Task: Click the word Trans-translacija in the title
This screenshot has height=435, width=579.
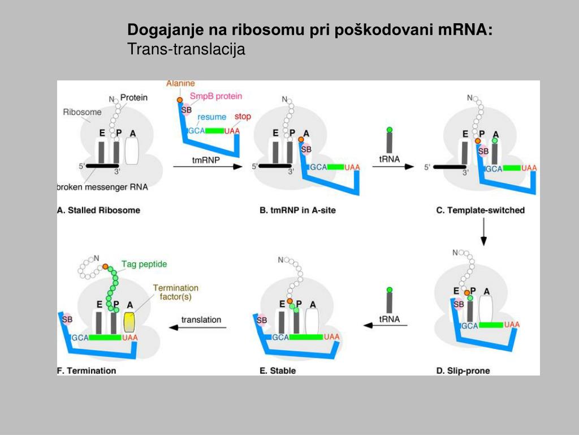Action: pyautogui.click(x=187, y=49)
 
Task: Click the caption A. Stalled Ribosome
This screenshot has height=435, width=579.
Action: pyautogui.click(x=99, y=210)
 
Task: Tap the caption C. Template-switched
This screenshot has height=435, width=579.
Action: pyautogui.click(x=481, y=210)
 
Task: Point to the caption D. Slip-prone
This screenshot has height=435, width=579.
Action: pyautogui.click(x=463, y=371)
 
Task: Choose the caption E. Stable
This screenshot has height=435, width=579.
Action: pyautogui.click(x=278, y=371)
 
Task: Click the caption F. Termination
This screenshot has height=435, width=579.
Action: pyautogui.click(x=87, y=371)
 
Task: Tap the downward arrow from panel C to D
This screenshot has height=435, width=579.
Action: pyautogui.click(x=484, y=233)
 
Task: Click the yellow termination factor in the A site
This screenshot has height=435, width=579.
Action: pyautogui.click(x=130, y=322)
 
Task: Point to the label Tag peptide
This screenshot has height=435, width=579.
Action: pyautogui.click(x=144, y=264)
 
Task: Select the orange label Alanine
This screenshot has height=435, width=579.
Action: pyautogui.click(x=180, y=84)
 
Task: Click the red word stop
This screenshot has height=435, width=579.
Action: pyautogui.click(x=243, y=117)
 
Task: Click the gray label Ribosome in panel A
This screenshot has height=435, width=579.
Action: pyautogui.click(x=83, y=112)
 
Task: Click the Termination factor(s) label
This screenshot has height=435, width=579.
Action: pyautogui.click(x=176, y=292)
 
